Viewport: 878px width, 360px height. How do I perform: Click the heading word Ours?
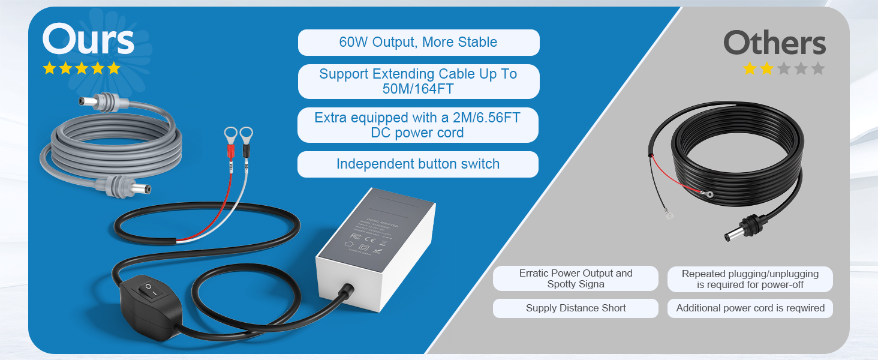pos(88,41)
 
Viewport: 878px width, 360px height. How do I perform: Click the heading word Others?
pos(774,43)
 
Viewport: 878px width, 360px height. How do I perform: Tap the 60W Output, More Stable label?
pos(418,43)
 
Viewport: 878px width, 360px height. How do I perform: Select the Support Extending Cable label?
pos(418,82)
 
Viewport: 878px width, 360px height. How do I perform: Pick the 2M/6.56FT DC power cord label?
pos(417,125)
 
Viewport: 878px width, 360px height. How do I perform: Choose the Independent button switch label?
pos(417,164)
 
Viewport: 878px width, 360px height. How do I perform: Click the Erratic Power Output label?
pos(575,278)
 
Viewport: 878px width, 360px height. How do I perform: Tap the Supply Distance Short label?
pos(575,308)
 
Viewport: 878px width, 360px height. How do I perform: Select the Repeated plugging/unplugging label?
pos(750,279)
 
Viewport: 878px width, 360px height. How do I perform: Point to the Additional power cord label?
pos(750,308)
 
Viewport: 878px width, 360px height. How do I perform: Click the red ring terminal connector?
pos(230,135)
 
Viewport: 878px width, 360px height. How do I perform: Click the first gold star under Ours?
pos(49,68)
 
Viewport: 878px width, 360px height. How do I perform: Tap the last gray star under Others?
pos(817,68)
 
